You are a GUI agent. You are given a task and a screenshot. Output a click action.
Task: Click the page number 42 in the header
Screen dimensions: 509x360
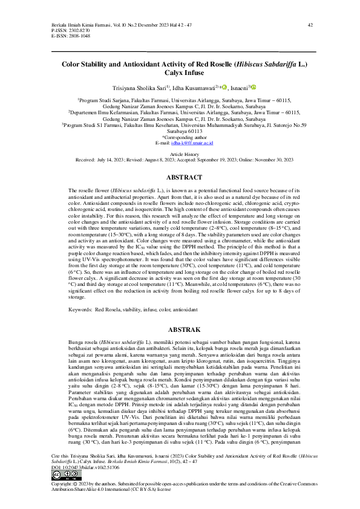[310, 25]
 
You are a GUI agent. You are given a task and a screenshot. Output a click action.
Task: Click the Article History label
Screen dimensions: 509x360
[180, 155]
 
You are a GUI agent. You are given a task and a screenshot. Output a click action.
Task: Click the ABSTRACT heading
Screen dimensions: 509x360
[180, 178]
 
